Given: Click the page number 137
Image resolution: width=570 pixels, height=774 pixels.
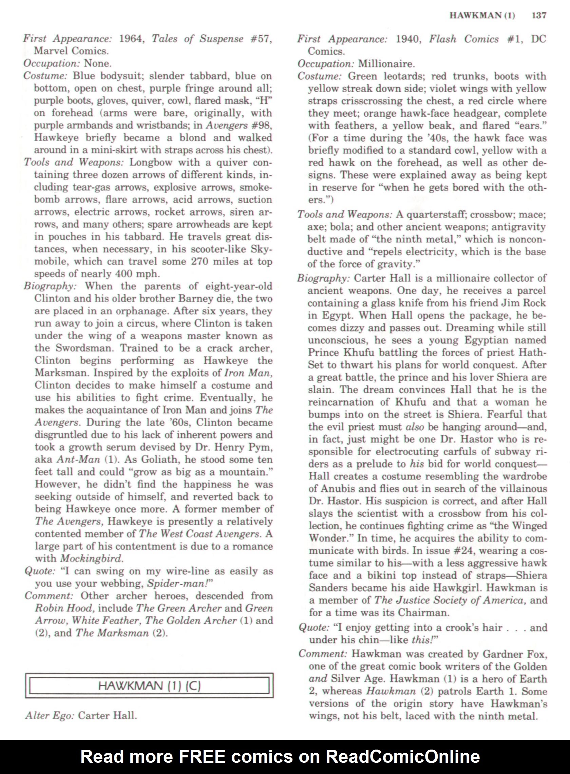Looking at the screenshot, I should coord(539,16).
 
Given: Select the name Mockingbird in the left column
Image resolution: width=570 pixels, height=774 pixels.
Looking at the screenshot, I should coord(91,558).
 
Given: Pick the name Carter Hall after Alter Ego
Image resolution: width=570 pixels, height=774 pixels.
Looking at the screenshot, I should coord(107,716).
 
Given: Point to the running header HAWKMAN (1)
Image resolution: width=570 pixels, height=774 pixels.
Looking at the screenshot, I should coord(482,16).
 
